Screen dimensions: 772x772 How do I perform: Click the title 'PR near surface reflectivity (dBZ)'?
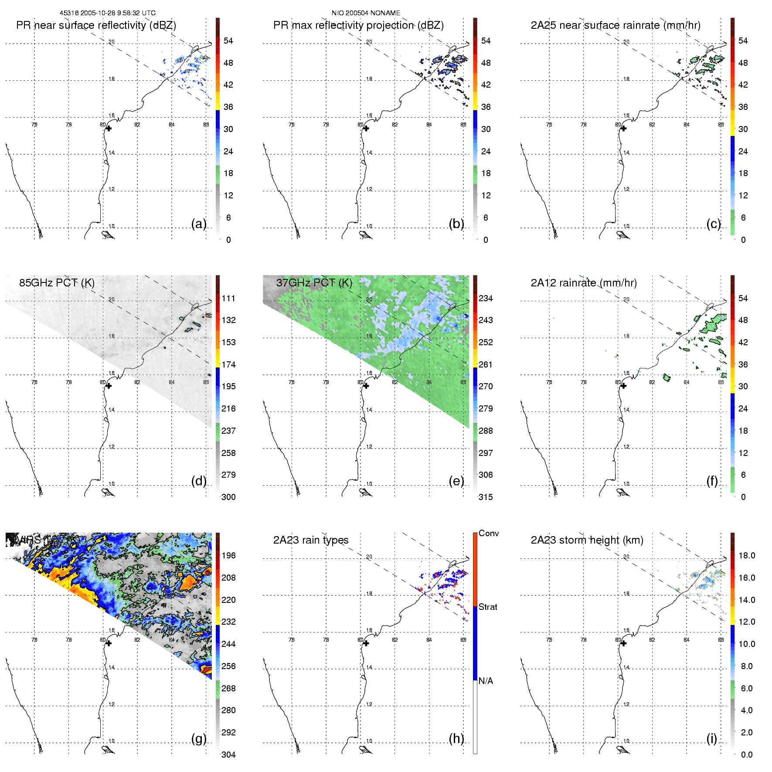tap(96, 25)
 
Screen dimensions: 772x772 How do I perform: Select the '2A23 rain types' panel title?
tap(311, 540)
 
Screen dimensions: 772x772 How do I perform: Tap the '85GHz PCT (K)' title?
tap(57, 282)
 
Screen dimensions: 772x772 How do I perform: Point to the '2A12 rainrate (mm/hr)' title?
tap(584, 283)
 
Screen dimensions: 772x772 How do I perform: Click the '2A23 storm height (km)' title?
tap(587, 540)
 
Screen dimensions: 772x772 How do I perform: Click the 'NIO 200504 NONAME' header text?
tap(366, 13)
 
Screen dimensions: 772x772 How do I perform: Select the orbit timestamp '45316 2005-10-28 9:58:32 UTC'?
tap(107, 13)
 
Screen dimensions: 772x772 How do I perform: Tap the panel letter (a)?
tap(199, 224)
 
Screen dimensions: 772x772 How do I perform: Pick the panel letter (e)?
tap(456, 481)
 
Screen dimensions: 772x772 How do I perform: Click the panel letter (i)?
tap(711, 738)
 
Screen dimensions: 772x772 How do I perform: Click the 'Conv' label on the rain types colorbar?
tap(489, 533)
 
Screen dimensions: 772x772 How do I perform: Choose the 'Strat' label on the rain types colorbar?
tap(488, 607)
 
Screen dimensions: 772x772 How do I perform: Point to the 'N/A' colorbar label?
tap(486, 681)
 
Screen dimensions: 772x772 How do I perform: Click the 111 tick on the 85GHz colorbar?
tap(228, 298)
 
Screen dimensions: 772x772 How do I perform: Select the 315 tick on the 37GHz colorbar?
tap(486, 497)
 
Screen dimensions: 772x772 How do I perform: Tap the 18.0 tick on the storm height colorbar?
tap(747, 555)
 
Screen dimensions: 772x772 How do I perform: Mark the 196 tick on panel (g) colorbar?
tap(228, 555)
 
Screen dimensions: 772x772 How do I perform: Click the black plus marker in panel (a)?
tap(109, 128)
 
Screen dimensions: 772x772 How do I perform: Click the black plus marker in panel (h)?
tap(366, 643)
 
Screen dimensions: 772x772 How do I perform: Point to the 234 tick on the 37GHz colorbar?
tap(486, 298)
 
